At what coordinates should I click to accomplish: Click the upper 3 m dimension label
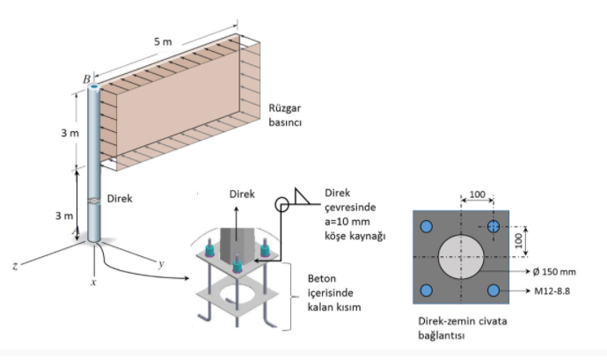[69, 133]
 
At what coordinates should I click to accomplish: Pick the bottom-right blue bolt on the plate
[494, 290]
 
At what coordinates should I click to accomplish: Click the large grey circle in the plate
[460, 259]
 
